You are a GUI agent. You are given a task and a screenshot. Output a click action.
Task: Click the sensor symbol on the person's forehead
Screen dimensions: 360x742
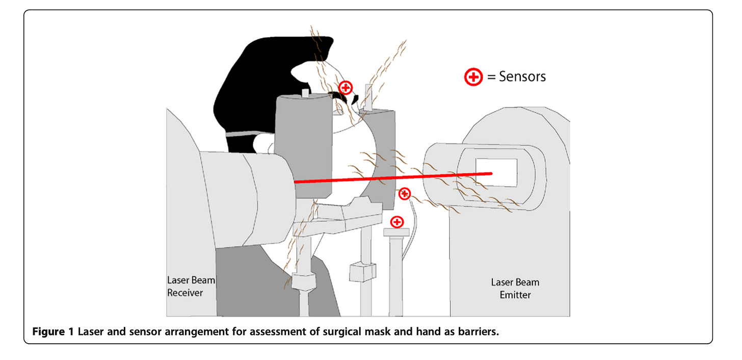coord(346,88)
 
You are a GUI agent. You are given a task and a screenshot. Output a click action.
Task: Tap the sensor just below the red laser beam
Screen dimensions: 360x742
coord(404,194)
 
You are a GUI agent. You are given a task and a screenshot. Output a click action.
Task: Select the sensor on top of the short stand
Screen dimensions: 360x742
coord(396,222)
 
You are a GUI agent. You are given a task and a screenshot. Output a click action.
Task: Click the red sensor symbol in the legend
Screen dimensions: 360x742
coord(473,78)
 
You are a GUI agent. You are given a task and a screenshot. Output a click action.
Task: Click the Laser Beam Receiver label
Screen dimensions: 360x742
coord(185,286)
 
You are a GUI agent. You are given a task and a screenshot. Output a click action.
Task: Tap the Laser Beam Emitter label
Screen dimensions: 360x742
coord(515,289)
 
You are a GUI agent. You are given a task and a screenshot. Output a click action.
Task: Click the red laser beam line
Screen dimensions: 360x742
coord(392,177)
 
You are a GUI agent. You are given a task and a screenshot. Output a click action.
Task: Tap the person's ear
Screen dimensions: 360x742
coord(264,144)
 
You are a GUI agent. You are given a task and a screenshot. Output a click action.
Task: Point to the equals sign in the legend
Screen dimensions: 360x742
coord(491,78)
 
